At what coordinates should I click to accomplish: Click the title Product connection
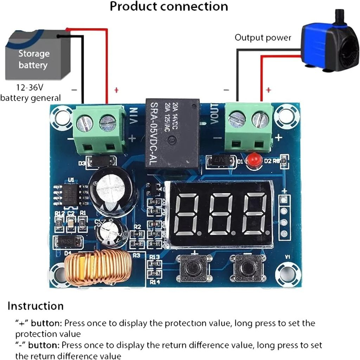(x=169, y=6)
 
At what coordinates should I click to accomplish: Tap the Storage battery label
(x=34, y=59)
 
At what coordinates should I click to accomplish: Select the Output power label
(x=263, y=38)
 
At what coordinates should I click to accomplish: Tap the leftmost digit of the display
(x=191, y=214)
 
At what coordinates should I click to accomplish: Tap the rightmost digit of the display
(x=255, y=214)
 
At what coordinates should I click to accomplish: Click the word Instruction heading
(x=36, y=306)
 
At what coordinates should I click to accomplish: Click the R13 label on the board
(x=155, y=257)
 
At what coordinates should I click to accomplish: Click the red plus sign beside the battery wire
(x=116, y=90)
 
